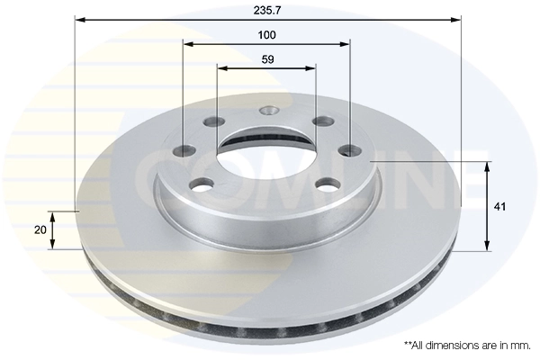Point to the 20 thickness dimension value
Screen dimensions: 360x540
click(40, 230)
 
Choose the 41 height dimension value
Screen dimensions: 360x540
click(500, 206)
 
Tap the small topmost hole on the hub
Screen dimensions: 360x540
click(266, 112)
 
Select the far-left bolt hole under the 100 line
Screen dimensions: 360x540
click(184, 150)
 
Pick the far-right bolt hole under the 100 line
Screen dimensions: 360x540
click(349, 150)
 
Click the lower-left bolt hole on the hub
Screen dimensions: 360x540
click(200, 184)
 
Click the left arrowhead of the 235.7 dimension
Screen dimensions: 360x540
click(79, 18)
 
